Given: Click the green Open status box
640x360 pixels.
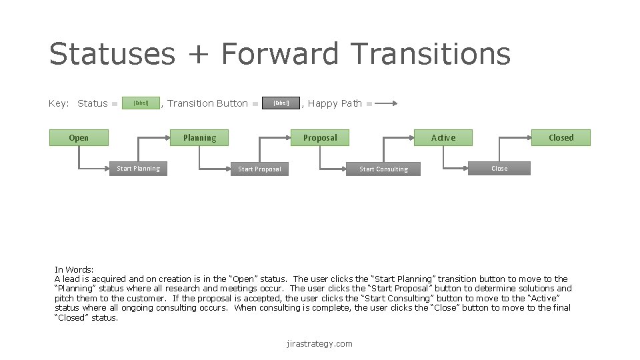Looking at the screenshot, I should click(x=79, y=138).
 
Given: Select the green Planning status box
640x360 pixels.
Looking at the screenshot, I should click(x=199, y=138).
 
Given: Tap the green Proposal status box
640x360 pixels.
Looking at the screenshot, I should click(x=320, y=138).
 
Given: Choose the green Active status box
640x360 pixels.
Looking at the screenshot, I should click(x=443, y=138).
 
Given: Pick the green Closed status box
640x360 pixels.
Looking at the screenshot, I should click(x=561, y=138).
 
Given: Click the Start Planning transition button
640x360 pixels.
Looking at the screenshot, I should click(x=138, y=169).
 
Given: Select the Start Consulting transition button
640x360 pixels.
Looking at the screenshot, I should click(x=383, y=169).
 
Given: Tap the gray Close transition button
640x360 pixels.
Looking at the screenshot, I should click(x=499, y=169).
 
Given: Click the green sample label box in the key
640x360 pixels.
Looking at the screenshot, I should click(x=141, y=103).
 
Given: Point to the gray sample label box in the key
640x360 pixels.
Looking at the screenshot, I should click(x=281, y=103).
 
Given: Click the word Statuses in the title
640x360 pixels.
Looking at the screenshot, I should click(x=112, y=54).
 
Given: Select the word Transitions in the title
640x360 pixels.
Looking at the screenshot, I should click(x=431, y=54).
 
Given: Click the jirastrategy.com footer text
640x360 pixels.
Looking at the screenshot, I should click(x=319, y=344).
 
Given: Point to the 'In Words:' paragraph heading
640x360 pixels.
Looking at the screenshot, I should click(x=74, y=269).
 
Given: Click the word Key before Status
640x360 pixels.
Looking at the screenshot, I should click(x=58, y=103).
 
